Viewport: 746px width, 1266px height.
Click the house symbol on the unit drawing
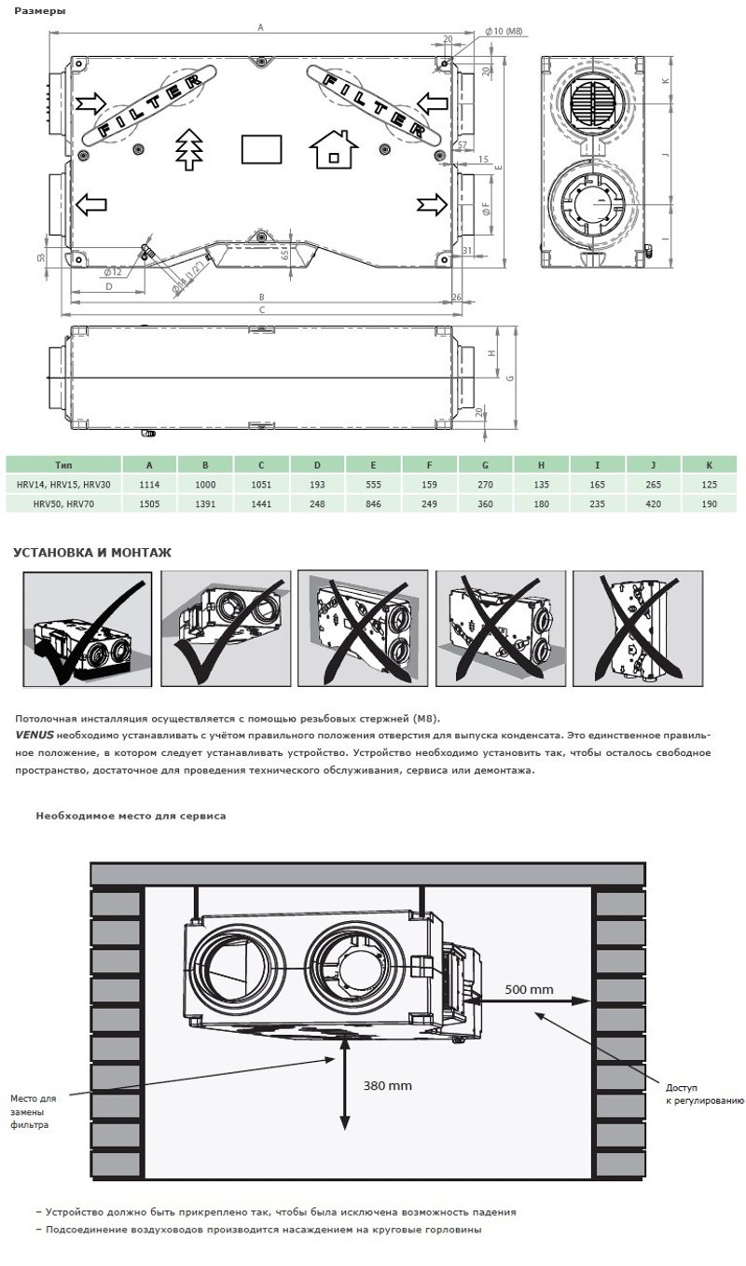[x=333, y=149]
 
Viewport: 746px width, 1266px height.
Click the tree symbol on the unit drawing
[x=188, y=148]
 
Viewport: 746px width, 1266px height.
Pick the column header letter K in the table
[x=709, y=464]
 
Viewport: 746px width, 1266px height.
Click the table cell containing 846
[x=373, y=502]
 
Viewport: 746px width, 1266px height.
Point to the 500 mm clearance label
[x=528, y=989]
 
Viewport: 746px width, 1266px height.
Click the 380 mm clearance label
[x=387, y=1086]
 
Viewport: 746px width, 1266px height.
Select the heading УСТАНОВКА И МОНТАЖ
[x=91, y=553]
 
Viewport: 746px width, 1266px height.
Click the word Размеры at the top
[x=34, y=10]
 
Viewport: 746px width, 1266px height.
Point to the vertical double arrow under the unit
[x=346, y=1087]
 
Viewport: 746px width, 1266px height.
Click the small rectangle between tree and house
[x=261, y=149]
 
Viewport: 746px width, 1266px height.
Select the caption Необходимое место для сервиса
[x=131, y=816]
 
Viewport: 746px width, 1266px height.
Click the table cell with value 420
[x=653, y=502]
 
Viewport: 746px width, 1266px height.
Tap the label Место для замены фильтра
[x=33, y=1111]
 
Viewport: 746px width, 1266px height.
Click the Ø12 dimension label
[x=113, y=271]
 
